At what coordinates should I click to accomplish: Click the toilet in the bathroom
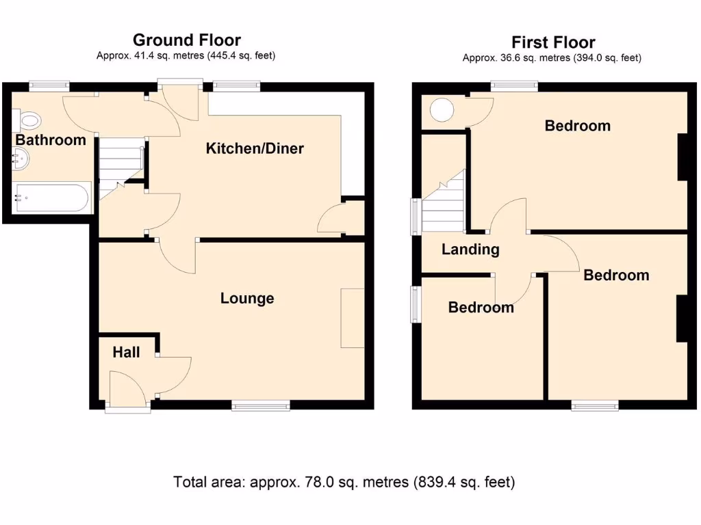[x=29, y=122]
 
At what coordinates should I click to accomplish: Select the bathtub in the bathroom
[x=52, y=198]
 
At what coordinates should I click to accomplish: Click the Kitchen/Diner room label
[x=255, y=148]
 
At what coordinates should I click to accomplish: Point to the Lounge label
[x=247, y=298]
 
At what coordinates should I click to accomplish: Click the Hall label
[x=126, y=352]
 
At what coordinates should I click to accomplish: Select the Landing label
[x=470, y=250]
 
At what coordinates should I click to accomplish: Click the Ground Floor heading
[x=186, y=40]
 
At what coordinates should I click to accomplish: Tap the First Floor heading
[x=553, y=42]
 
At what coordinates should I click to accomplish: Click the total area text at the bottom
[x=344, y=482]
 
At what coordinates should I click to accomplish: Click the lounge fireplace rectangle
[x=353, y=318]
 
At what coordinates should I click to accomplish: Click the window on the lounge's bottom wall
[x=260, y=406]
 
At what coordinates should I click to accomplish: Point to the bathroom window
[x=49, y=86]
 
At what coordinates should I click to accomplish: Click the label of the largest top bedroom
[x=577, y=126]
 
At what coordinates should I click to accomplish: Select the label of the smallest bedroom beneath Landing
[x=481, y=308]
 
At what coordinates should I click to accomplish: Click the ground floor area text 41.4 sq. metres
[x=186, y=56]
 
